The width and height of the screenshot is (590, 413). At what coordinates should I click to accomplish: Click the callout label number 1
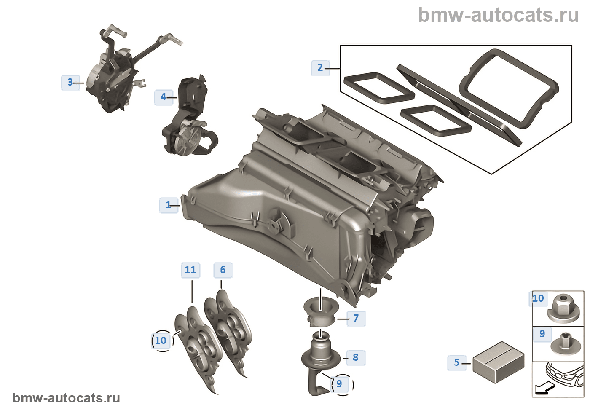click(x=169, y=205)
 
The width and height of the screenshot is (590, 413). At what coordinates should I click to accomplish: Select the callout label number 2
click(x=320, y=67)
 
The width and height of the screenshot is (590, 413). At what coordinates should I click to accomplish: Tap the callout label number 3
click(x=70, y=82)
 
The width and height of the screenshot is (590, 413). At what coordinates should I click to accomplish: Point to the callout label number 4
click(x=164, y=97)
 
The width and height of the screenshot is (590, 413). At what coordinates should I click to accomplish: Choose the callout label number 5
click(x=457, y=362)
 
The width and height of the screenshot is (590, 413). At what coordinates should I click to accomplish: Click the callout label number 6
click(x=223, y=270)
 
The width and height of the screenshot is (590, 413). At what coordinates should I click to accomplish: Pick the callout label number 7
click(x=356, y=318)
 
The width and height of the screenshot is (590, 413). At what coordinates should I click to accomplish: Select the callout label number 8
click(x=356, y=357)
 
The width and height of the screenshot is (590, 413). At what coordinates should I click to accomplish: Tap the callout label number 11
click(x=190, y=270)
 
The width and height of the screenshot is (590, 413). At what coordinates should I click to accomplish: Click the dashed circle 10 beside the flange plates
click(x=161, y=341)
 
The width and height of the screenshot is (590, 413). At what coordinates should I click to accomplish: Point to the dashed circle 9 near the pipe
click(x=340, y=384)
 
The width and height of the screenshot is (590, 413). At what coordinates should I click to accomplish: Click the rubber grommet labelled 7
click(x=320, y=312)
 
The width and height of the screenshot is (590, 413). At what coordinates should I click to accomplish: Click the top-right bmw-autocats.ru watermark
click(x=498, y=15)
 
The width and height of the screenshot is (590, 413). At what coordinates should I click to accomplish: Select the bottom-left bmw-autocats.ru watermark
click(x=66, y=398)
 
